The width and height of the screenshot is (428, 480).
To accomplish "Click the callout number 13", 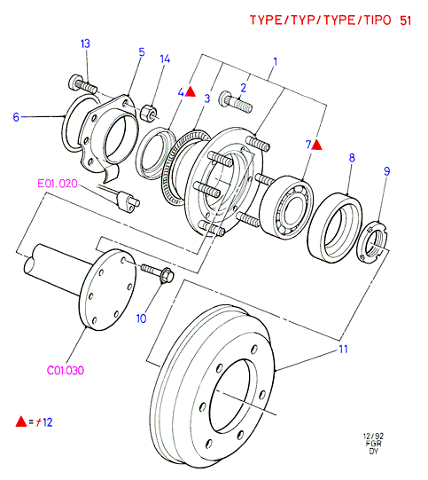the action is pyautogui.click(x=85, y=43).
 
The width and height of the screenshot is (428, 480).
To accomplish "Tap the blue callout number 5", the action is pyautogui.click(x=142, y=52).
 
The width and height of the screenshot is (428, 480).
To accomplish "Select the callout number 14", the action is pyautogui.click(x=165, y=59).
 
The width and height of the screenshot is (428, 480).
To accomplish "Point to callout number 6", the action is pyautogui.click(x=16, y=117).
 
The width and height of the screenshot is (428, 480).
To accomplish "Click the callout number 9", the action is pyautogui.click(x=387, y=171).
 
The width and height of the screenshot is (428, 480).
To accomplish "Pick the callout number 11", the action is pyautogui.click(x=343, y=349).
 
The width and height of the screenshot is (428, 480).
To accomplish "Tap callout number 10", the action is pyautogui.click(x=141, y=319).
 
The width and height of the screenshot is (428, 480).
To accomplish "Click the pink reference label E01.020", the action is pyautogui.click(x=58, y=184).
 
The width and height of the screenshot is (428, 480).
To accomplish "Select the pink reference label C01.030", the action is pyautogui.click(x=65, y=371).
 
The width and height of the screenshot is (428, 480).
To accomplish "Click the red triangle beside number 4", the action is pyautogui.click(x=191, y=92).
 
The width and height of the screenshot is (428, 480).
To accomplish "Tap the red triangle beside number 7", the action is pyautogui.click(x=317, y=145).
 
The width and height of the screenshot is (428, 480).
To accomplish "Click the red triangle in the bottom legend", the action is pyautogui.click(x=21, y=421).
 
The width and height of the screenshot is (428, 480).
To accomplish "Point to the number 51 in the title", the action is pyautogui.click(x=405, y=20).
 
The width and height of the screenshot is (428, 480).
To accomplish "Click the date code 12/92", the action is pyautogui.click(x=373, y=436).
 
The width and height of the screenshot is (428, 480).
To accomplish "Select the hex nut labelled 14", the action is pyautogui.click(x=149, y=113).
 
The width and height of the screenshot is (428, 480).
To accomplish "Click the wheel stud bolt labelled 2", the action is pyautogui.click(x=236, y=102).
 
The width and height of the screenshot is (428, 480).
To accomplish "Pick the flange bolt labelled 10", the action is pyautogui.click(x=157, y=272).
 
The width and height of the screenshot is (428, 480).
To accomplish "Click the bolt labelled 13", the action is pyautogui.click(x=82, y=84).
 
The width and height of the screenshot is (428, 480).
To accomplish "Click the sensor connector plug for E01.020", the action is pyautogui.click(x=128, y=201).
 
